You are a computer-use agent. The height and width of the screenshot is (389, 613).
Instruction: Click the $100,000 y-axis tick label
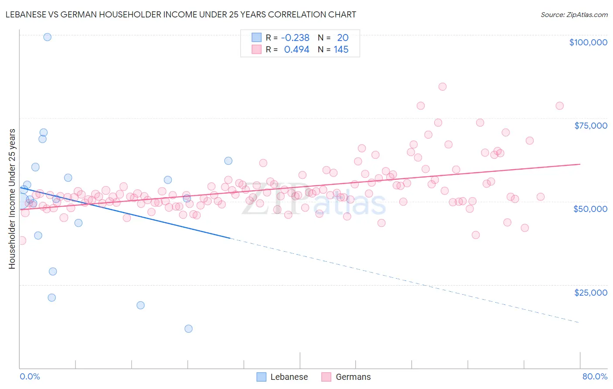click(588, 42)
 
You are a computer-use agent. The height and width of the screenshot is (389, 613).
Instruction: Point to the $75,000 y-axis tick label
click(590, 126)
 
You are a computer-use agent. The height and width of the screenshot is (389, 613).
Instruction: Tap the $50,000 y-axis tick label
click(590, 209)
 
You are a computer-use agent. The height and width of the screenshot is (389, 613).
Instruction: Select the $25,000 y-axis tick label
click(590, 292)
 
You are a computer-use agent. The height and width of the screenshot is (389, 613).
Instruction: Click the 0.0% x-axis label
click(30, 376)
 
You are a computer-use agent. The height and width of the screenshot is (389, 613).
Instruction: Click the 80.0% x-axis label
click(594, 376)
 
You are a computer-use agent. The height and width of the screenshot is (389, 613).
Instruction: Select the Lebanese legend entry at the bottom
click(289, 377)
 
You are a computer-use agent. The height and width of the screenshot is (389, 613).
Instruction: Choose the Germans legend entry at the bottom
click(353, 377)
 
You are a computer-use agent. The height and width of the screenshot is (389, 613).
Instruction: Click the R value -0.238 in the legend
click(295, 38)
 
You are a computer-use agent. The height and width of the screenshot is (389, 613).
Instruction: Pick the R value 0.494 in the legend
click(296, 50)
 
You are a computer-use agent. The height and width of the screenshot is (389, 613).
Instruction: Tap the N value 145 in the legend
click(341, 50)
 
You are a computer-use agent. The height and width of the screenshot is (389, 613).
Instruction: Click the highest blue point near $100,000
click(48, 37)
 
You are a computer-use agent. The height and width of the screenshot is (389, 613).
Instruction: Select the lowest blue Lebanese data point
click(188, 328)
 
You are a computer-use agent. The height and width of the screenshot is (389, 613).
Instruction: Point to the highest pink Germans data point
click(442, 87)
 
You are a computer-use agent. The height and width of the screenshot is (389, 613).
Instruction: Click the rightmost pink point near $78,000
click(559, 106)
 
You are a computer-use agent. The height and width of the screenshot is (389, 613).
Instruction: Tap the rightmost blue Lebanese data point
click(228, 161)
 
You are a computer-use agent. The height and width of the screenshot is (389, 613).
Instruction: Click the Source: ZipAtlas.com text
click(574, 15)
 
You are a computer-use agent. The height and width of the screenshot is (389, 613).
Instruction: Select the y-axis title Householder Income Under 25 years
click(12, 198)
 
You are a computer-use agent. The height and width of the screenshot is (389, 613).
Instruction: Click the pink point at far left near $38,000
click(22, 240)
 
